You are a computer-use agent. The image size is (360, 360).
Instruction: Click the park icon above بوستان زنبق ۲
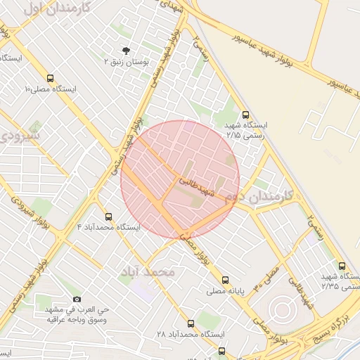click(x=126, y=50)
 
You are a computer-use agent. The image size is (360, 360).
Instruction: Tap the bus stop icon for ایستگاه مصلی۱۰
click(x=50, y=78)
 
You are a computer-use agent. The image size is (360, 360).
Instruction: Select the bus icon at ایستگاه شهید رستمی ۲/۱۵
click(x=245, y=114)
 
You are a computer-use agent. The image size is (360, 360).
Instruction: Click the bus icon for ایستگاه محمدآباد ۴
click(x=108, y=217)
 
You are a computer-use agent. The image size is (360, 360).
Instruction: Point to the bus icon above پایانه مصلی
click(x=225, y=279)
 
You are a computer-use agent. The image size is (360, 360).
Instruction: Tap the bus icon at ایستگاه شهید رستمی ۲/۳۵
click(x=342, y=266)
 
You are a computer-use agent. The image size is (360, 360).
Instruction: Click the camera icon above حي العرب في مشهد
click(x=77, y=299)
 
